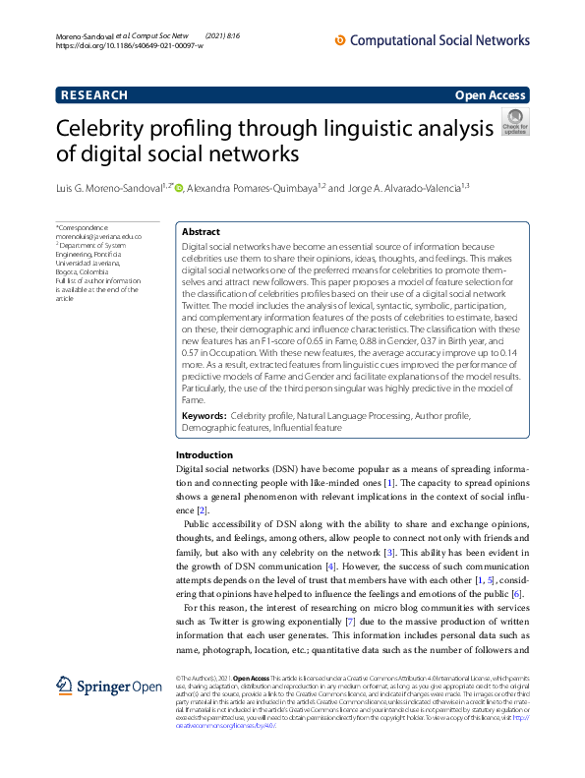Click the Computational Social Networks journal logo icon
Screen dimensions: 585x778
[341, 40]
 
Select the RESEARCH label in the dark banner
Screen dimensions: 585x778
[94, 95]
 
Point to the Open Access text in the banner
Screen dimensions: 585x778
[492, 95]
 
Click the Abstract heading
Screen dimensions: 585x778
[201, 232]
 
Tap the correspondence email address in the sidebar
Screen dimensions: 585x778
[98, 237]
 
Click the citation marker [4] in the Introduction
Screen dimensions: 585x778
[330, 568]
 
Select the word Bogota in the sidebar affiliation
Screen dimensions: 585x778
[68, 272]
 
